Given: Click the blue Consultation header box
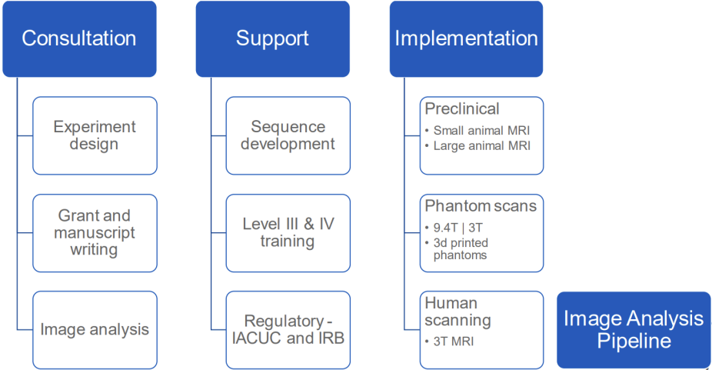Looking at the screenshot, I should (79, 38).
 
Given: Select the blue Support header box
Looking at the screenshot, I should (272, 38).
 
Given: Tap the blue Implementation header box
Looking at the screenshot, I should (466, 38).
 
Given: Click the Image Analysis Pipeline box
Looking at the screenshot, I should (634, 330).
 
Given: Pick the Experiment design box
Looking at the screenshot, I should (95, 135).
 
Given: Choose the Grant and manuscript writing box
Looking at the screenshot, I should (95, 232).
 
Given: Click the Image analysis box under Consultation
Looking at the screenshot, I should (95, 329).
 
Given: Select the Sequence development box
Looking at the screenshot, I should (288, 135).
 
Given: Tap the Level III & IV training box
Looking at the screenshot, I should (288, 232).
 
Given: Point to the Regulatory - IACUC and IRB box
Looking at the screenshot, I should (288, 329).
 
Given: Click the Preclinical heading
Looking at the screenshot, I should (462, 109).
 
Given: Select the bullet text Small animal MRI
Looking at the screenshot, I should (481, 131).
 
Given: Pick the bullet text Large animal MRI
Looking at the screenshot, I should (481, 145).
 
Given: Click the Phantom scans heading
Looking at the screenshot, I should (481, 206).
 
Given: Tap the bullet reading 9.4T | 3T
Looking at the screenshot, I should (460, 228).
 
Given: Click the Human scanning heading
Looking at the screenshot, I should (457, 311).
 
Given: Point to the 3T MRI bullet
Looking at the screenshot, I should (454, 341).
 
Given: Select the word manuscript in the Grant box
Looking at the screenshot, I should (95, 232).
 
